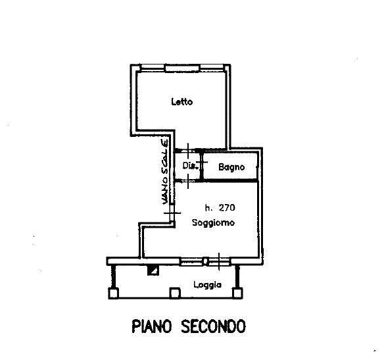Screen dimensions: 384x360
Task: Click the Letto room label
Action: click(182, 101)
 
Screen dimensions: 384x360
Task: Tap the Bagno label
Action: click(231, 167)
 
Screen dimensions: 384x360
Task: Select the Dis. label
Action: click(190, 166)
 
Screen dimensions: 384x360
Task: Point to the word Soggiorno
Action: click(213, 222)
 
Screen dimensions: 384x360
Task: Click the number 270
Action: click(227, 208)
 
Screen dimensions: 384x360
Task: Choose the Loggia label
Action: click(207, 285)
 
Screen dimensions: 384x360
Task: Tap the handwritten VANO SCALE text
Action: click(164, 172)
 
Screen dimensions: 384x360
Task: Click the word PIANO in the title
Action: click(152, 326)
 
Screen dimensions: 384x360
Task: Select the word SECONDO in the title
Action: click(213, 326)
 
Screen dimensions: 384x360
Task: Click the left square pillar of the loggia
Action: click(113, 293)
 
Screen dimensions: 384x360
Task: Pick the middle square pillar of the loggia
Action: click(175, 293)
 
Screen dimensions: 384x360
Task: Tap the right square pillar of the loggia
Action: click(237, 293)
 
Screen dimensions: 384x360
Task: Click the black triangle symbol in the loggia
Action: click(153, 270)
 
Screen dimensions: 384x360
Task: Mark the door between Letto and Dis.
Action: click(188, 151)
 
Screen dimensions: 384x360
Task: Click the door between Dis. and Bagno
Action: click(202, 163)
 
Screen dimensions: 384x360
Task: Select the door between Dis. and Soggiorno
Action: click(188, 181)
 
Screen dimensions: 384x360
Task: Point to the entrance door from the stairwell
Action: click(172, 213)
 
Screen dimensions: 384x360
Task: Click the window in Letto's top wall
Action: click(183, 68)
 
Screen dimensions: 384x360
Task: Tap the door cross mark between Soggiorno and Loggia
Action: click(219, 261)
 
